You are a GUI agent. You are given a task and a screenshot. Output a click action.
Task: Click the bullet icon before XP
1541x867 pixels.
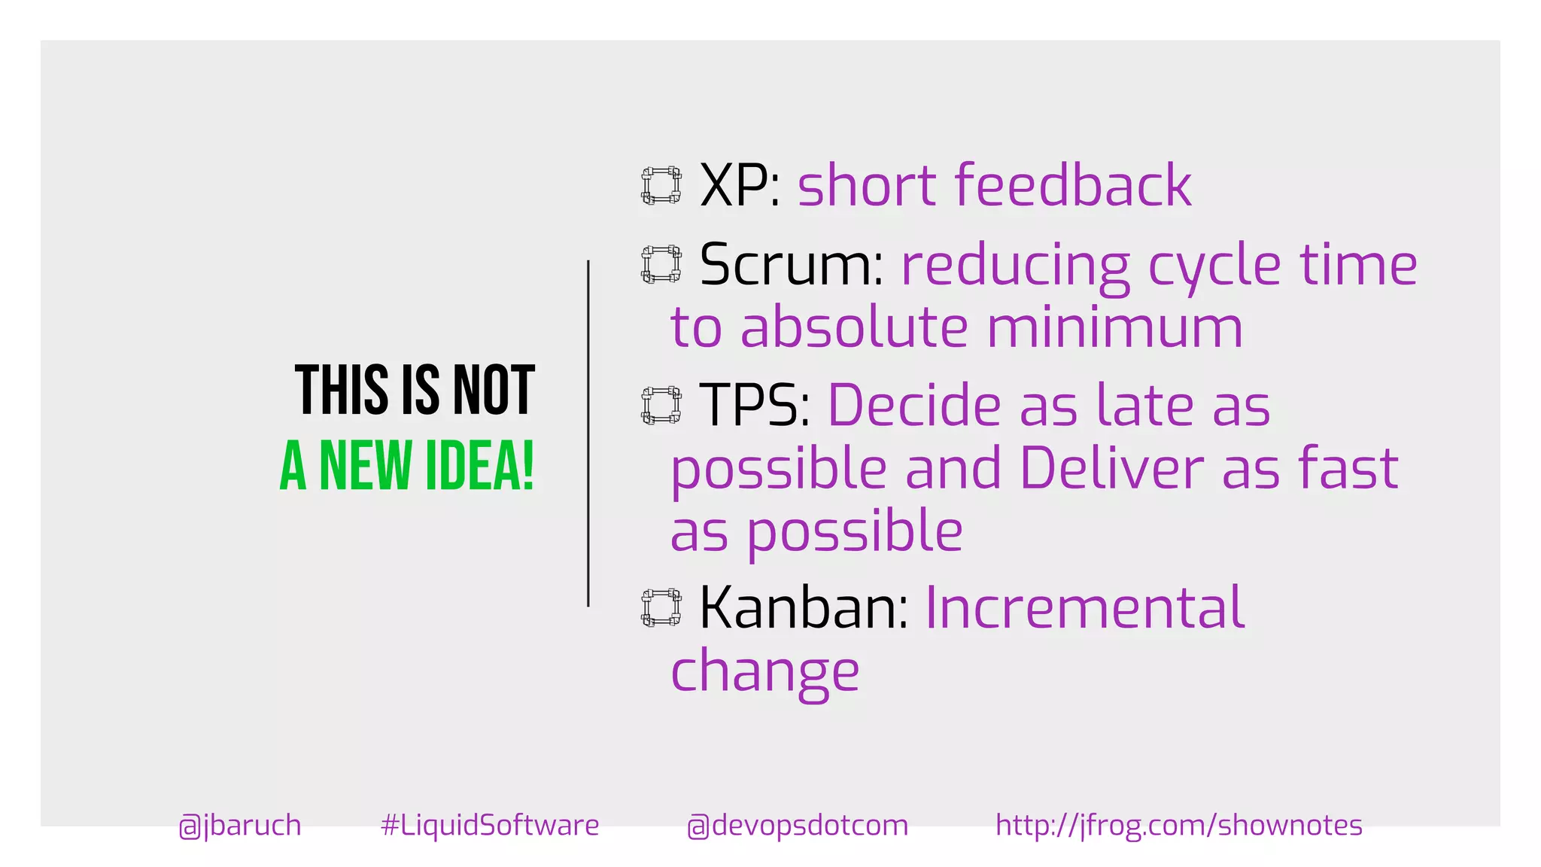pyautogui.click(x=661, y=185)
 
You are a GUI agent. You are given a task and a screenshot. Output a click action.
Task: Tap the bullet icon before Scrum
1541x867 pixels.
pyautogui.click(x=661, y=264)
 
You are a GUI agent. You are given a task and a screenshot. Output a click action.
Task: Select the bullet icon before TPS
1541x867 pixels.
pyautogui.click(x=661, y=406)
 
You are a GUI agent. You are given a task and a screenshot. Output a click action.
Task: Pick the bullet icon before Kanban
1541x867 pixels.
pyautogui.click(x=661, y=607)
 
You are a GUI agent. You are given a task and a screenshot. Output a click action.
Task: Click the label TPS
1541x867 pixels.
pyautogui.click(x=749, y=406)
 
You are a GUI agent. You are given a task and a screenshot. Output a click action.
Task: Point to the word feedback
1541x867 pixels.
pyautogui.click(x=1072, y=185)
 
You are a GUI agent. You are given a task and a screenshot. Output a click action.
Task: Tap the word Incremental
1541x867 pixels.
pyautogui.click(x=1084, y=607)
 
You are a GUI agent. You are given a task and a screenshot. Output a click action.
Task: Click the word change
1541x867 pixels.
pyautogui.click(x=764, y=672)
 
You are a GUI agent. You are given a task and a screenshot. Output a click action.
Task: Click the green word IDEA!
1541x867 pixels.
pyautogui.click(x=480, y=465)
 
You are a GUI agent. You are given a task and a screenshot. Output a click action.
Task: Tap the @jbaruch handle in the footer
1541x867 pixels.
pyautogui.click(x=240, y=826)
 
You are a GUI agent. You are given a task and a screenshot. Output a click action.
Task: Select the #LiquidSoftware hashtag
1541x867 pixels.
pyautogui.click(x=490, y=826)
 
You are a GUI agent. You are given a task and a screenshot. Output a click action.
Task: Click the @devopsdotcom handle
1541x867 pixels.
pyautogui.click(x=798, y=826)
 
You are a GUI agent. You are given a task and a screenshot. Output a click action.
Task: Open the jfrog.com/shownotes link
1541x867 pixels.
pyautogui.click(x=1178, y=826)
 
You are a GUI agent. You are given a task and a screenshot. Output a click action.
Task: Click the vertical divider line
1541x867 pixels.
pyautogui.click(x=588, y=433)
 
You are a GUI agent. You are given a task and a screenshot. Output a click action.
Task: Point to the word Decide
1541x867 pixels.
pyautogui.click(x=913, y=406)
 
